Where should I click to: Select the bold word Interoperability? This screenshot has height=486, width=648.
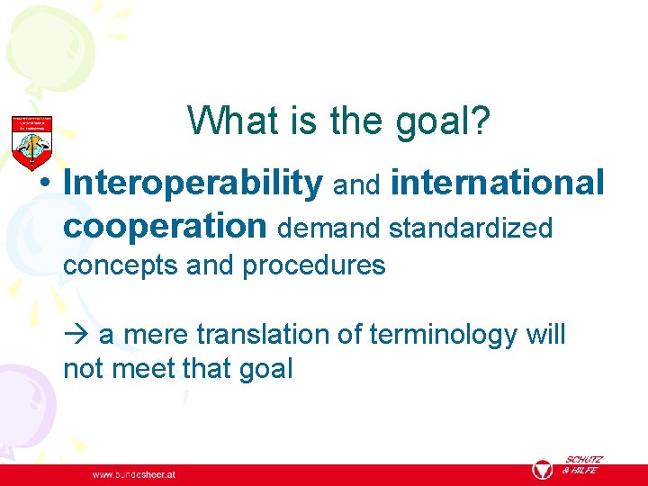click(x=193, y=184)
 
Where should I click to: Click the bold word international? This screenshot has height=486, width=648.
click(x=498, y=183)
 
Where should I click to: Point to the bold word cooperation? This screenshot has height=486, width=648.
click(x=166, y=226)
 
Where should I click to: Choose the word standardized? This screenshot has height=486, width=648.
click(x=471, y=229)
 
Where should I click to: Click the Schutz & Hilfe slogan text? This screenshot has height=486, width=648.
click(x=583, y=464)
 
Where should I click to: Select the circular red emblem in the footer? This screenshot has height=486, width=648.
click(x=542, y=471)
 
